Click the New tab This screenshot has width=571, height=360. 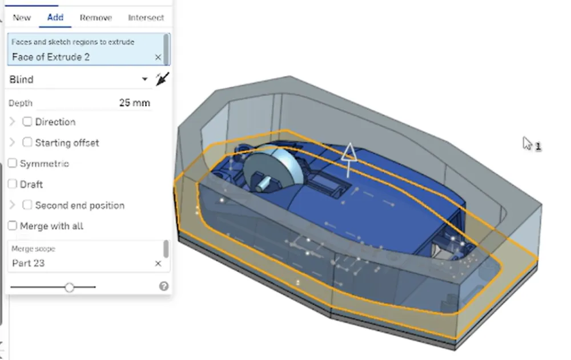coord(22,18)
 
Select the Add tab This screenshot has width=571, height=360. coord(55,17)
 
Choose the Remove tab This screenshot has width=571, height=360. coord(96,18)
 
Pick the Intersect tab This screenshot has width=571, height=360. coord(146,18)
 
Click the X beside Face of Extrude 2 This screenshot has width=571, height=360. coord(158,57)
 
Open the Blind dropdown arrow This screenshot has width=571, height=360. coord(144,79)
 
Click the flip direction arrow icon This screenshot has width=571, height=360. coord(162,79)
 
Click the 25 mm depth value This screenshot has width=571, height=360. coord(134,103)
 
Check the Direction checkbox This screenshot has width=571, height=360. coord(27,122)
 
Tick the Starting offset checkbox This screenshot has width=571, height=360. coord(27,142)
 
